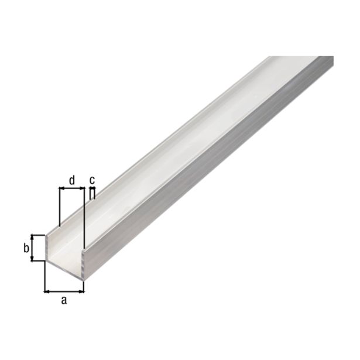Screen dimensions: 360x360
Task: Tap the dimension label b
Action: [x=26, y=248]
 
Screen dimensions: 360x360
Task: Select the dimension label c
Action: [x=92, y=180]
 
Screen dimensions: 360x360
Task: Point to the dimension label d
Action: [x=71, y=180]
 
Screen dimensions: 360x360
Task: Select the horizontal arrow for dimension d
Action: [x=71, y=188]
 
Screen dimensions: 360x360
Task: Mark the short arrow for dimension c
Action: [x=92, y=188]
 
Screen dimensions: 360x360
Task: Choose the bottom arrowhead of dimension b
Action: [x=33, y=259]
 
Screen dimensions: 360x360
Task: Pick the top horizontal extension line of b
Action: [x=38, y=235]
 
